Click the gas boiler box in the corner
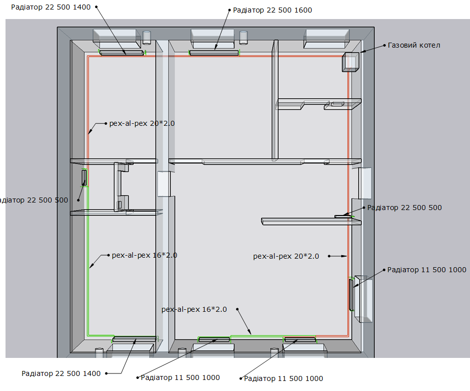pos(350,62)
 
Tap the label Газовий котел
pos(414,45)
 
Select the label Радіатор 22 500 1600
pos(273,10)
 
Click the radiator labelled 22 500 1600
pos(214,53)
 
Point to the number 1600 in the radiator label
pos(303,10)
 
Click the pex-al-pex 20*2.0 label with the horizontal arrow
pos(286,256)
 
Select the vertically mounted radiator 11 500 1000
pos(351,295)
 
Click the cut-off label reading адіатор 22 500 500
pos(34,200)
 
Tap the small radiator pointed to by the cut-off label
pos(84,177)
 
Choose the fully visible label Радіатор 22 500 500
pos(404,208)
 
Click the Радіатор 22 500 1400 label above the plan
pos(51,7)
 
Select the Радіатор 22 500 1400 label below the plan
pos(61,373)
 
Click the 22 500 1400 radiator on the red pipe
pos(122,53)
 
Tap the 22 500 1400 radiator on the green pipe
pos(134,339)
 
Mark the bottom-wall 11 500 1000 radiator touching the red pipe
pos(300,339)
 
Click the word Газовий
pos(400,45)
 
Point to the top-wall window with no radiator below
pos(326,39)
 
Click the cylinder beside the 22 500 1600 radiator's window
pos(244,38)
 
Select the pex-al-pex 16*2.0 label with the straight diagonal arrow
pos(194,309)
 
